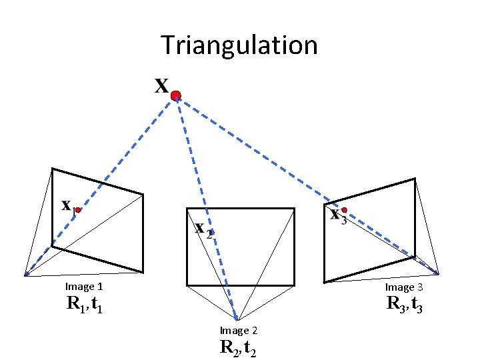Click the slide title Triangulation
tap(239, 45)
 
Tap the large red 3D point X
tap(176, 97)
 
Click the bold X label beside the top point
tap(161, 87)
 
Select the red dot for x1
tap(78, 210)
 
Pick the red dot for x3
tap(344, 210)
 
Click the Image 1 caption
tap(84, 287)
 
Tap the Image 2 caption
tap(239, 331)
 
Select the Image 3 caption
tap(404, 287)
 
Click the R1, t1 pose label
tap(84, 305)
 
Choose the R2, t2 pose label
tap(239, 348)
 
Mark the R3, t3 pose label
tap(404, 305)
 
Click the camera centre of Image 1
tap(25, 275)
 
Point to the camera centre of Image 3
tap(439, 273)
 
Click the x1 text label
tap(67, 206)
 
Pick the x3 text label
tap(338, 216)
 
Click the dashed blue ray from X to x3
tap(260, 153)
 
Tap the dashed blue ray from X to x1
tap(127, 153)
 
